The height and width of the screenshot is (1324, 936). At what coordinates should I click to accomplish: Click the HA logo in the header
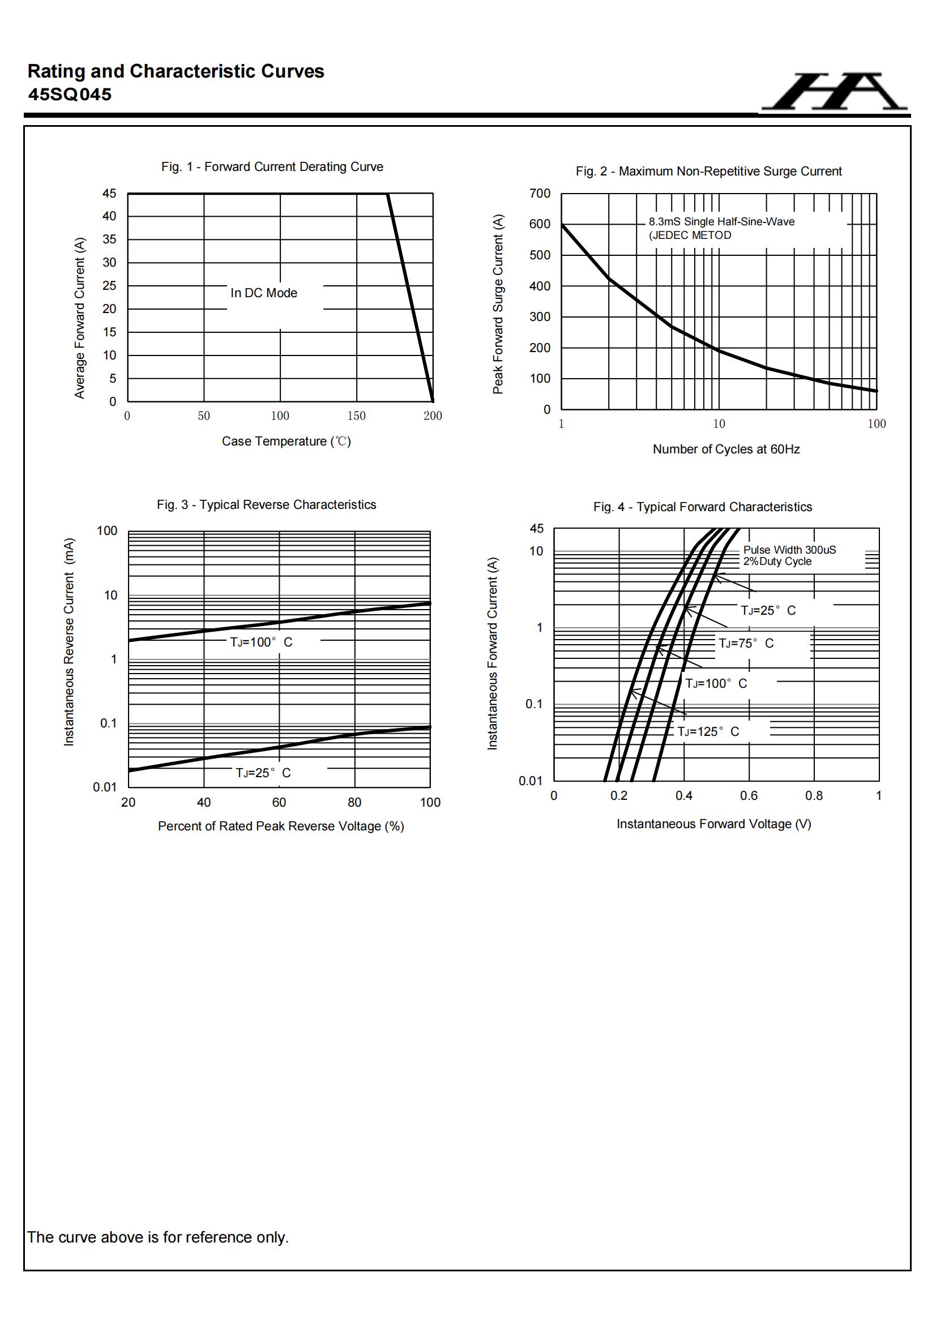pos(834,92)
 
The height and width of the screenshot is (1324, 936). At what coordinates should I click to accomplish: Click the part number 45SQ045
pos(70,95)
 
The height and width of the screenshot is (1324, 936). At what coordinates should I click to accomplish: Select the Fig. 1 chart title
pos(272,166)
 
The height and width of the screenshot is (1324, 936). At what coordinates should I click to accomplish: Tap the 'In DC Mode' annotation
pos(263,293)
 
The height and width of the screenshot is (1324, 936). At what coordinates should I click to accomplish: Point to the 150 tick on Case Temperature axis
pos(356,416)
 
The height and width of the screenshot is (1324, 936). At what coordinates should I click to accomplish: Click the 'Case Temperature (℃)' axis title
pos(286,441)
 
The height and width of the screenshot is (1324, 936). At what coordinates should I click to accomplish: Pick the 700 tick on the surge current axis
pos(540,194)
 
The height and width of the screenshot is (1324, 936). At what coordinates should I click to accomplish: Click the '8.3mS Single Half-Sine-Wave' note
pos(721,221)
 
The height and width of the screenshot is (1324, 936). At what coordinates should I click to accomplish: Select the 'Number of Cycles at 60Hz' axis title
pos(726,449)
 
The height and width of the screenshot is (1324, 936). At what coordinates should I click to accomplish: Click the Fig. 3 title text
pos(267,504)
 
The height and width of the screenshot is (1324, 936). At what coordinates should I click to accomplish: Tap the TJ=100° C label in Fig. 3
pos(261,642)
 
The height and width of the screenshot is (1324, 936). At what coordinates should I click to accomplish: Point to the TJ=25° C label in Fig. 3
pos(263,773)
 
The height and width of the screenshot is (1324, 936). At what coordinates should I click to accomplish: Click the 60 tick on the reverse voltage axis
pos(279,802)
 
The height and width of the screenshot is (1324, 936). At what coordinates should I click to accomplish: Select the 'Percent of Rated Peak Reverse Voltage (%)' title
pos(281,826)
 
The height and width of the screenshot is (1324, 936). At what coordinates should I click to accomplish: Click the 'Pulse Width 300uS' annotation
pos(789,550)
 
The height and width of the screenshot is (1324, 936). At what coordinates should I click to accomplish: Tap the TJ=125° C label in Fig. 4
pos(708,731)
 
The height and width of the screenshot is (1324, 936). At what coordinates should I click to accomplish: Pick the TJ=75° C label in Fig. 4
pos(746,643)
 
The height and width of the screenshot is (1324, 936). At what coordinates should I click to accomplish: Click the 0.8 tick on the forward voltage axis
pos(814,796)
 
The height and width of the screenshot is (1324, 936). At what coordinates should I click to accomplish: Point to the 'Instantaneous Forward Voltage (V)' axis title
pos(714,824)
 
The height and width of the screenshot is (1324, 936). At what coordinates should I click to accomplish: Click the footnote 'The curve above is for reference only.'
pos(158,1237)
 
